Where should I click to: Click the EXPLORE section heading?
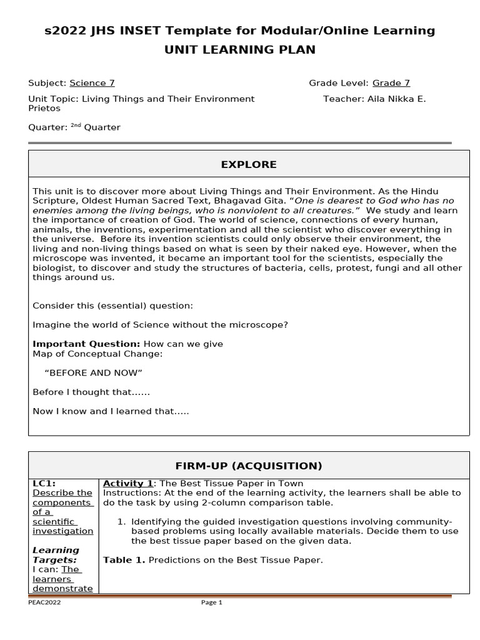pos(249,164)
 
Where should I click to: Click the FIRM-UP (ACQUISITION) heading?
pos(249,466)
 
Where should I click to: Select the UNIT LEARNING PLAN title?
pos(240,50)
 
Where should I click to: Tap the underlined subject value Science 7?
pos(92,83)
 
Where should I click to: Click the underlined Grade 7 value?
pos(391,83)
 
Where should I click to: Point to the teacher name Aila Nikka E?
pos(392,99)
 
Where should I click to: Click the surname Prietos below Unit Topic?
pos(44,108)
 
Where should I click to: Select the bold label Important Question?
pos(87,344)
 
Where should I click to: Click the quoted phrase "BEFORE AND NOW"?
pos(94,373)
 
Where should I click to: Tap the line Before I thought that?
pos(91,392)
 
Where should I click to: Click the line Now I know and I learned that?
pos(111,411)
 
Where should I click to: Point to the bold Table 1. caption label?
pos(124,560)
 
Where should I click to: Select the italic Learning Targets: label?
pos(56,555)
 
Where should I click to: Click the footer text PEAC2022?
pos(44,602)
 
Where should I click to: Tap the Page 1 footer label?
pos(211,602)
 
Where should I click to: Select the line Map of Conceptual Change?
pos(97,354)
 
